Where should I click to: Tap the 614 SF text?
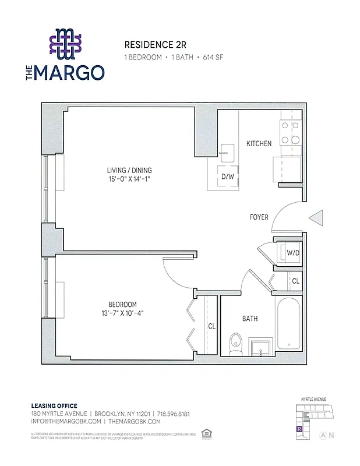click(x=210, y=57)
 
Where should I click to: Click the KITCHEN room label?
click(x=259, y=143)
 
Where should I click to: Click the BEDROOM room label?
click(x=122, y=305)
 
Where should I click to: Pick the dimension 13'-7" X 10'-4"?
click(x=122, y=313)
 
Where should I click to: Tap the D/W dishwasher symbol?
click(x=227, y=175)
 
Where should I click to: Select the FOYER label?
click(x=259, y=217)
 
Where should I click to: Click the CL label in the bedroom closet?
click(x=212, y=326)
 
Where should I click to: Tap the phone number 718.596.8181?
click(x=173, y=414)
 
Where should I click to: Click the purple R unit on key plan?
click(x=299, y=429)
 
